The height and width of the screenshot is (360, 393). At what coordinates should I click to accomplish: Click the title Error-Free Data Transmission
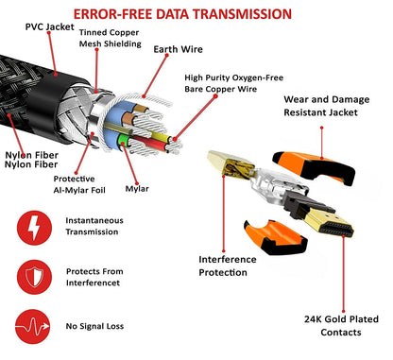pyautogui.click(x=196, y=14)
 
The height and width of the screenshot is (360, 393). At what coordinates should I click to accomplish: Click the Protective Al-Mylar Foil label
pyautogui.click(x=80, y=186)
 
